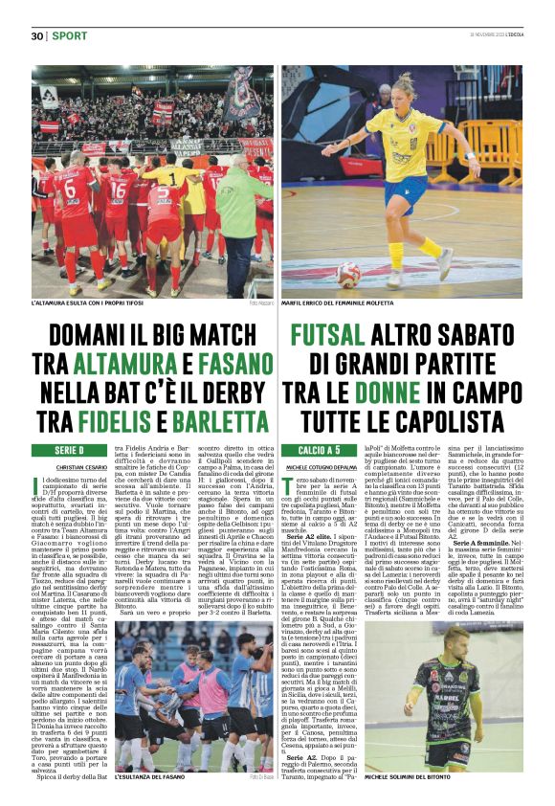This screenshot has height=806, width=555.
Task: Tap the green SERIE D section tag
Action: [x=69, y=449]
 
